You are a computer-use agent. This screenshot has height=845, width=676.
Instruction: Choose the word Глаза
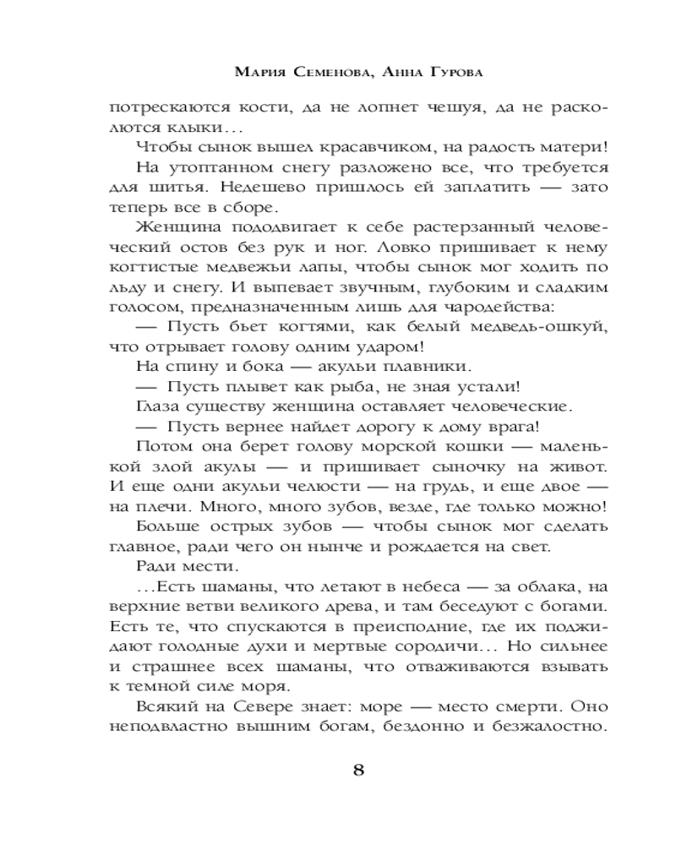[x=156, y=406]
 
